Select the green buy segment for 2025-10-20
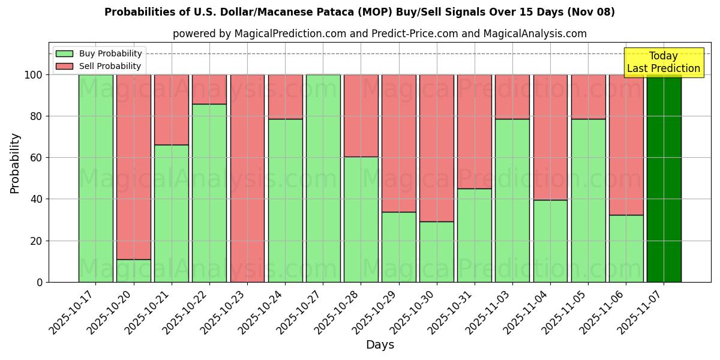coord(133,271)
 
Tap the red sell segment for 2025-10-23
coord(247,178)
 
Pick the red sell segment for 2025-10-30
coord(437,148)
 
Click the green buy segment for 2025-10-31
coord(475,235)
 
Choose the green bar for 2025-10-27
coord(323,178)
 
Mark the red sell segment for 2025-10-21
coord(171,109)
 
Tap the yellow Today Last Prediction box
coord(663,62)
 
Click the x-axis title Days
coord(380,345)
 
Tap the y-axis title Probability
coord(15,163)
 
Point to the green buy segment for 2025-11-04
coord(550,241)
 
